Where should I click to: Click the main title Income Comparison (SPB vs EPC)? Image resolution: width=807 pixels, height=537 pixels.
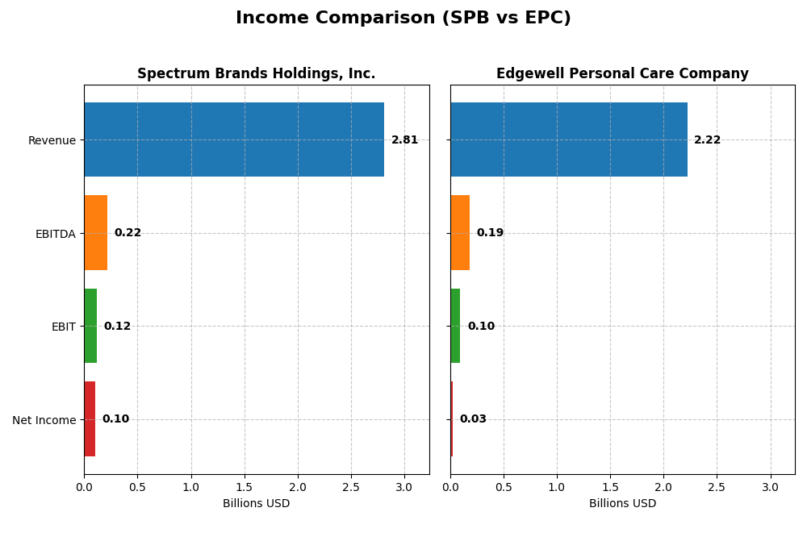click(403, 18)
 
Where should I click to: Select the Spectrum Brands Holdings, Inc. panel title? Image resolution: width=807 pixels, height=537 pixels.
click(256, 73)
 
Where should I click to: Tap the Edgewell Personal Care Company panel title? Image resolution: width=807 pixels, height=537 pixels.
click(622, 73)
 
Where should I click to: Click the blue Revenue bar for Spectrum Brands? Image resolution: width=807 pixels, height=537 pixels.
click(234, 139)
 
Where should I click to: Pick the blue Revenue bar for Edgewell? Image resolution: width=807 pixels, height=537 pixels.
click(569, 139)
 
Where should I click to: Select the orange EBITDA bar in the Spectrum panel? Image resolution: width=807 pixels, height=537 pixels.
click(96, 233)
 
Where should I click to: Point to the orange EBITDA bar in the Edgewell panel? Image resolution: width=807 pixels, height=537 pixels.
click(460, 233)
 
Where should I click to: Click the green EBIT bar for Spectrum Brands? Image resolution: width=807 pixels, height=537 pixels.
click(90, 326)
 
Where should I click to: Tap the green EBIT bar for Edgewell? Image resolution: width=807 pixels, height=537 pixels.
click(455, 326)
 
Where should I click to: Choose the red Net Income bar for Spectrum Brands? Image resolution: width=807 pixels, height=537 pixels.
click(90, 419)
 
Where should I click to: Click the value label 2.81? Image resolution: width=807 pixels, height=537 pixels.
click(404, 140)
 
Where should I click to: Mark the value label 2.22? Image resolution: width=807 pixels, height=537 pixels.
click(707, 140)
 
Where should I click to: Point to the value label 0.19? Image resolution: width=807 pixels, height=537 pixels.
click(490, 233)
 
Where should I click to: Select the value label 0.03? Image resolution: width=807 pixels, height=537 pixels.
click(473, 419)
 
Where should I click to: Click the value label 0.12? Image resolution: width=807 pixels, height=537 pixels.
click(117, 327)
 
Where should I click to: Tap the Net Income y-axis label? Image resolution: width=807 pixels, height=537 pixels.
click(44, 420)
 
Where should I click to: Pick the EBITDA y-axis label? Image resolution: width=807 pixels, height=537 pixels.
click(56, 234)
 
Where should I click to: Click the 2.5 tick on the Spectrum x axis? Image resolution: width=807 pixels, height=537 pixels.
click(351, 487)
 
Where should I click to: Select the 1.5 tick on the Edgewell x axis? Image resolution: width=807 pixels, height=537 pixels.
click(610, 487)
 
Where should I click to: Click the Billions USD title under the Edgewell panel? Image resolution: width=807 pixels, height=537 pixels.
click(622, 504)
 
